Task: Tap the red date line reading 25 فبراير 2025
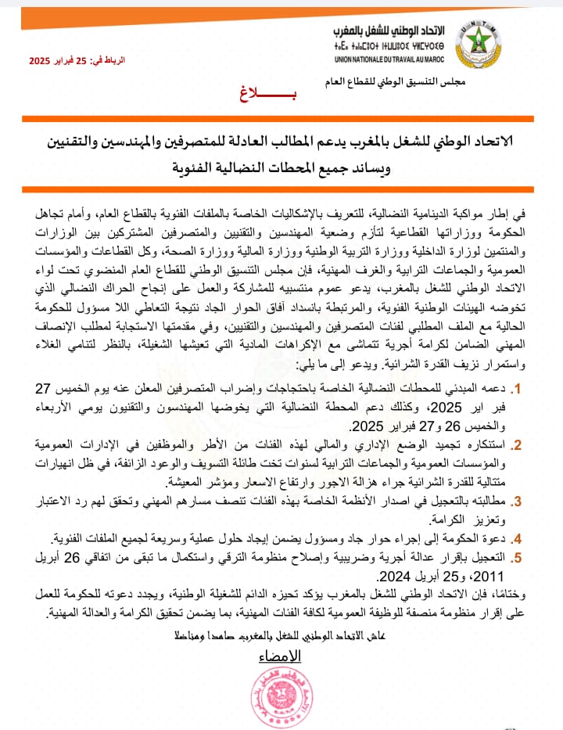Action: tap(77, 60)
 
